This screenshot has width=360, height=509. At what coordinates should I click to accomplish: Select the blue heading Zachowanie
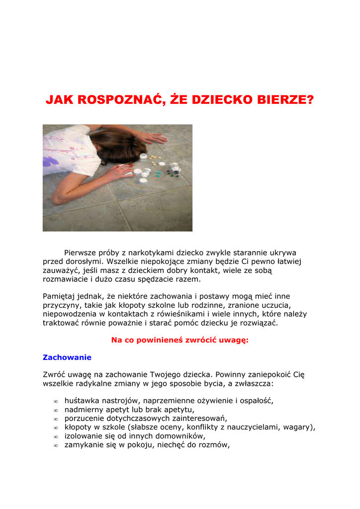tap(67, 357)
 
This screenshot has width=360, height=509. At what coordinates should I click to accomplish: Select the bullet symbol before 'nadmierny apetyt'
tap(56, 410)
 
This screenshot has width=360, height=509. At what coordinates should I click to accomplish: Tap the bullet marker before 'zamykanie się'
tap(56, 446)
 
